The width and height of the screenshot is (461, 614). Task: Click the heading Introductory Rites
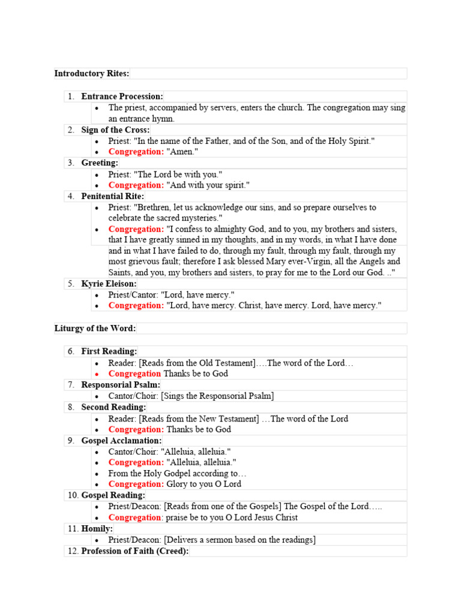coord(91,74)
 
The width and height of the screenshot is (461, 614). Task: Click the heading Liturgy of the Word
coord(95,329)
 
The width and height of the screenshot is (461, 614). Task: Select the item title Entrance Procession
coord(122,97)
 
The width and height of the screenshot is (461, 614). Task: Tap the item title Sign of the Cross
coord(115,130)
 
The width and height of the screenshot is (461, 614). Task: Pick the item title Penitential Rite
coord(113,196)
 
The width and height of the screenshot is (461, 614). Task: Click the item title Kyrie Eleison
coord(109,284)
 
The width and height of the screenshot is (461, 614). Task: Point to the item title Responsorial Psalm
coord(121,384)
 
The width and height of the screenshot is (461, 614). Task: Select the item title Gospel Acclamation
coord(121,440)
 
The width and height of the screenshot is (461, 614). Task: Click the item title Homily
coord(97,528)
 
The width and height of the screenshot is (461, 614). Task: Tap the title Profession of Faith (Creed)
coord(134,551)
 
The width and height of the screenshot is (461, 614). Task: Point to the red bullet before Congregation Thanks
coord(97,374)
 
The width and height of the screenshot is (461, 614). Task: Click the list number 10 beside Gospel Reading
coord(73,495)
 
